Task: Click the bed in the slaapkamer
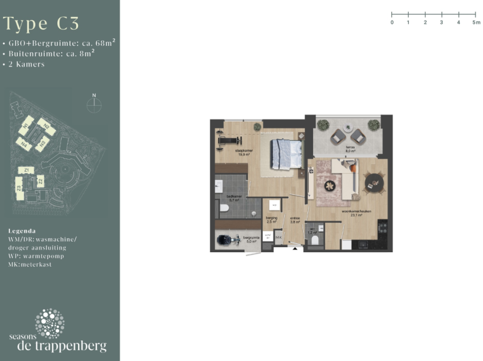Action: coord(285,154)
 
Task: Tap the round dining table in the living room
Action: coord(375,182)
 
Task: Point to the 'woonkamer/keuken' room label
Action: coord(368,213)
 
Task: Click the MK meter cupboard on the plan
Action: coord(279,237)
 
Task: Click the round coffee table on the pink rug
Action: coord(328,185)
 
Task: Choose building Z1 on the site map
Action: coord(26,170)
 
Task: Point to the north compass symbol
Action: coord(94,104)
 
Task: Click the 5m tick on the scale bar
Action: coord(475,13)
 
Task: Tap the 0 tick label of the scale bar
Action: coord(392,22)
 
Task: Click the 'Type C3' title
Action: coord(42,24)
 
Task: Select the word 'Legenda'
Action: coord(22,231)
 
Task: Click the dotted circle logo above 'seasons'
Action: coord(49,323)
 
